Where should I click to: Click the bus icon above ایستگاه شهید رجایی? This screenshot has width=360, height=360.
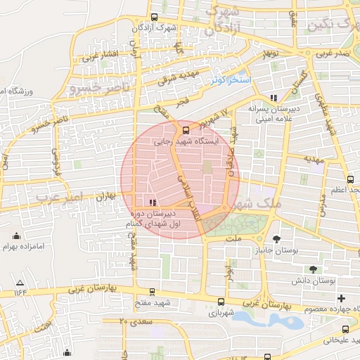click(186, 130)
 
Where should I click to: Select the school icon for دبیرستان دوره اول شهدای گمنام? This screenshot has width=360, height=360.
click(144, 202)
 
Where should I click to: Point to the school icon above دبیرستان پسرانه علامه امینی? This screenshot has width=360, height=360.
click(274, 98)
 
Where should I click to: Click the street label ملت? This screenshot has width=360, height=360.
click(234, 239)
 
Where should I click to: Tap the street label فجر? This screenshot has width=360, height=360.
click(184, 103)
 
